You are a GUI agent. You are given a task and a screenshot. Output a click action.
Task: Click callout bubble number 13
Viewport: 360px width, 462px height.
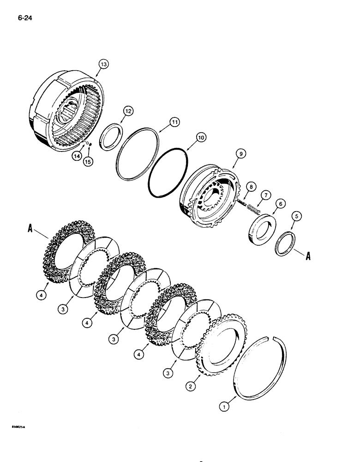[103, 65]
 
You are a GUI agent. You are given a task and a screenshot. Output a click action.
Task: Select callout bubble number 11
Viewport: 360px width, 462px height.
[161, 122]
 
